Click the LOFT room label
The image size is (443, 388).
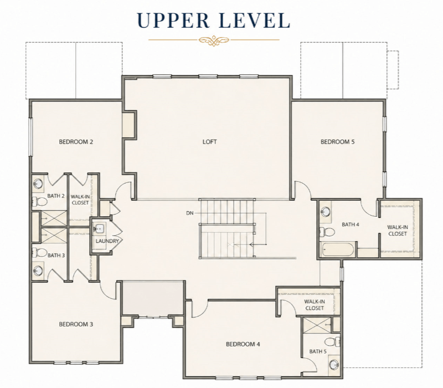(210, 142)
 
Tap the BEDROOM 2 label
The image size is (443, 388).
(76, 142)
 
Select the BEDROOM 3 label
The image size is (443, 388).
(76, 324)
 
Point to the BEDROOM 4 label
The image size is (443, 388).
(243, 344)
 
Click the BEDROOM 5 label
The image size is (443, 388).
(337, 142)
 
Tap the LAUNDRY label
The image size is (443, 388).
(107, 241)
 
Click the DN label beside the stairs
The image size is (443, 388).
(190, 213)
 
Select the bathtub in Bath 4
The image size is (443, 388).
(338, 249)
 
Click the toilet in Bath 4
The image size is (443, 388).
(327, 232)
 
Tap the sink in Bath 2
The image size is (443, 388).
(38, 184)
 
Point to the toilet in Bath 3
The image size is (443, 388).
(39, 253)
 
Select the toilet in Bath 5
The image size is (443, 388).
(332, 342)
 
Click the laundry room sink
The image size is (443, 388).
(99, 228)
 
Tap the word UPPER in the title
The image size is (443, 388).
(173, 20)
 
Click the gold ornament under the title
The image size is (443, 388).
(214, 40)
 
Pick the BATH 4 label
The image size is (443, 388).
(351, 224)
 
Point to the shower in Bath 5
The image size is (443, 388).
(317, 324)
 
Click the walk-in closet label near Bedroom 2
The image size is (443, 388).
(80, 200)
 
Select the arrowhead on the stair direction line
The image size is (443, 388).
(252, 244)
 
